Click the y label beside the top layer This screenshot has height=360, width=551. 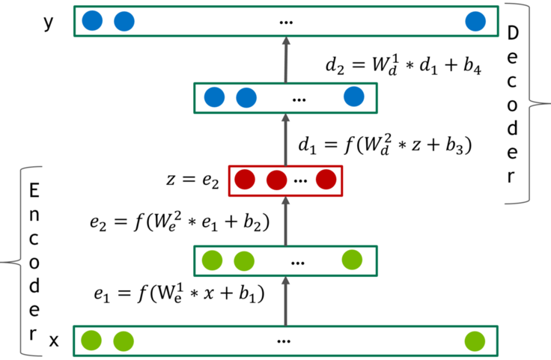(x=49, y=22)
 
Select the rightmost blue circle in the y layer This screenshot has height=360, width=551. (x=475, y=21)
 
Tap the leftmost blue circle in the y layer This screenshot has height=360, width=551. (x=93, y=21)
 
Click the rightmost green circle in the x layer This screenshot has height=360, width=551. (x=475, y=341)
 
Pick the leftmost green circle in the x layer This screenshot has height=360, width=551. (x=91, y=341)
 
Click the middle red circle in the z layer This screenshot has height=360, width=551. (x=277, y=180)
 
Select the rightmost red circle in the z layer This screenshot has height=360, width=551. (x=325, y=180)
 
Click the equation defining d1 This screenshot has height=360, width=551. (x=385, y=144)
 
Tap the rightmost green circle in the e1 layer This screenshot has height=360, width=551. (x=352, y=260)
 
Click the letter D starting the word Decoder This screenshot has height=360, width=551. (x=513, y=34)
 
